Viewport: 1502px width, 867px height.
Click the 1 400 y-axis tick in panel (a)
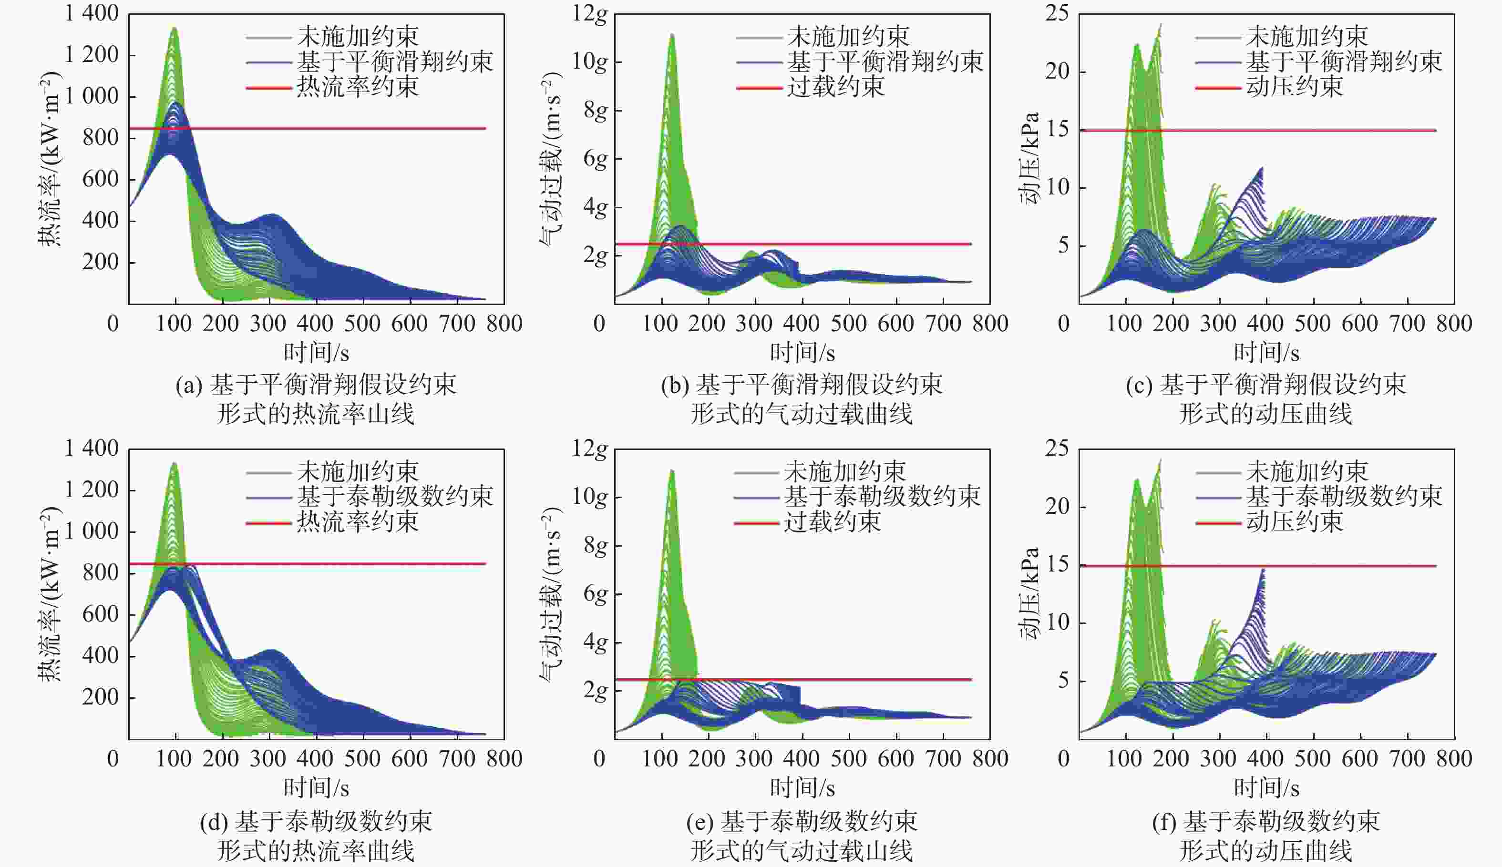click(92, 13)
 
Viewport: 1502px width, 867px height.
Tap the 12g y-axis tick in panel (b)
click(590, 13)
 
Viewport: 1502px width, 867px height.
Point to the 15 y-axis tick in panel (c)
click(1057, 130)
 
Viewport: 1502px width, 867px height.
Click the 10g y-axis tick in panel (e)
click(590, 497)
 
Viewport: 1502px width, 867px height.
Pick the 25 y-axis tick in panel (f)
click(1057, 448)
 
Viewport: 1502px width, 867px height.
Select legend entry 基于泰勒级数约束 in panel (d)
click(395, 497)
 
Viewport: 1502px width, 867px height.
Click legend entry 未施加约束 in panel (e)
click(844, 471)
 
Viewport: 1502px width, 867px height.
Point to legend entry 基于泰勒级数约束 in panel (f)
click(1344, 497)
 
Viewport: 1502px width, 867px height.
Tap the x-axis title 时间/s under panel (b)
click(802, 353)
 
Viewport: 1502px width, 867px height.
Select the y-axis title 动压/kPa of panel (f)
click(1029, 593)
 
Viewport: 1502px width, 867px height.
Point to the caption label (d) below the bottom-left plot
click(213, 822)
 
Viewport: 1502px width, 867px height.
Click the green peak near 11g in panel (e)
click(672, 470)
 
